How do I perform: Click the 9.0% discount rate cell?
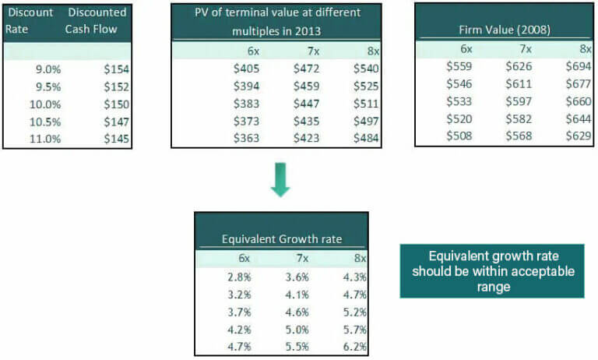click(48, 69)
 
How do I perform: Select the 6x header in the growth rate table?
click(244, 258)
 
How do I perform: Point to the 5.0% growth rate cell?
click(297, 329)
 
